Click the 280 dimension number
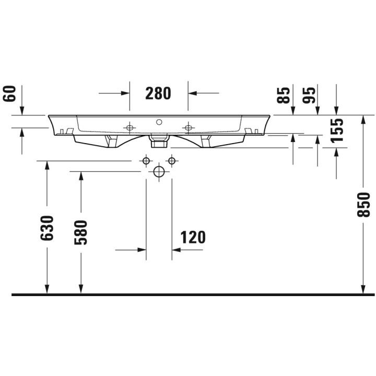(158, 93)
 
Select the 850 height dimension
(363, 205)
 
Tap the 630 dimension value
(47, 228)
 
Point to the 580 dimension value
(80, 232)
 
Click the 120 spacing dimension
(193, 238)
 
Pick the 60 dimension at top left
(9, 94)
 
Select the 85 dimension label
(283, 95)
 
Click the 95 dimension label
(309, 95)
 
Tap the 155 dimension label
(337, 131)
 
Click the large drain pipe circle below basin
(159, 171)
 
